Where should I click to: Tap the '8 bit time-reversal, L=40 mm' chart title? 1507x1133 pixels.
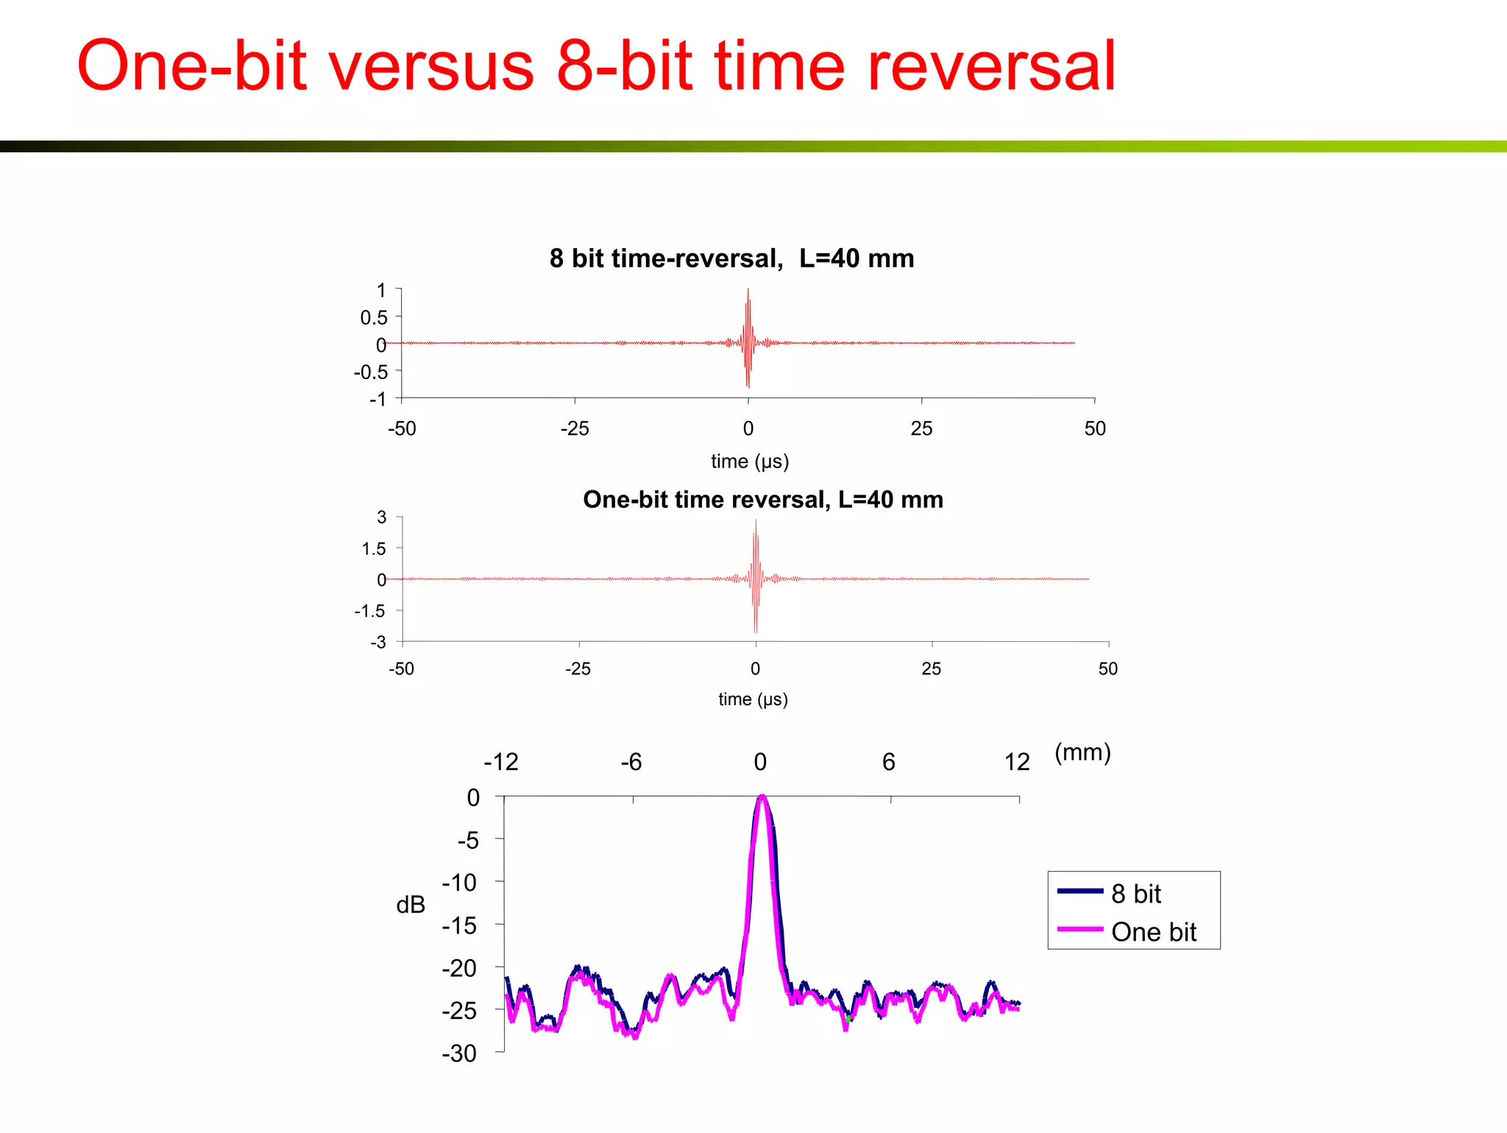[x=731, y=258]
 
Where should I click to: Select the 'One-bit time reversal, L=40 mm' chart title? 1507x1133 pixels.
[x=762, y=500]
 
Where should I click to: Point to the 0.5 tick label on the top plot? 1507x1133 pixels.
[x=374, y=317]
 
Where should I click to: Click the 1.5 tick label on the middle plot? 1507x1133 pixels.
[x=374, y=548]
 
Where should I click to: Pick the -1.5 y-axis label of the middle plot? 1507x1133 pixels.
[x=370, y=611]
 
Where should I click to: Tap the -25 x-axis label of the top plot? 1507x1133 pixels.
[x=575, y=428]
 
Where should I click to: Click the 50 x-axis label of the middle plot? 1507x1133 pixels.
[x=1107, y=668]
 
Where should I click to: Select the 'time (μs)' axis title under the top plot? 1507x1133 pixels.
[x=749, y=462]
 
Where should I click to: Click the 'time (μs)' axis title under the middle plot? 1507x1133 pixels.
[x=753, y=699]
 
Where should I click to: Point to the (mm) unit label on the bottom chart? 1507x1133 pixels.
[x=1082, y=752]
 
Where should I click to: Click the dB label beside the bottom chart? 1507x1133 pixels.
[x=411, y=905]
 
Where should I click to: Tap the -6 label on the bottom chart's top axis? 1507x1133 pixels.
[x=631, y=762]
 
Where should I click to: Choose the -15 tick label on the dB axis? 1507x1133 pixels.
[x=459, y=925]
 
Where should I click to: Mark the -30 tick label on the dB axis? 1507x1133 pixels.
[x=459, y=1053]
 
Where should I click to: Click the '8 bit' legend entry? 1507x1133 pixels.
[x=1135, y=894]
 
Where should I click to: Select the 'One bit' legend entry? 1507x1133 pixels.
[x=1153, y=932]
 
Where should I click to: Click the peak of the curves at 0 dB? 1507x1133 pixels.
[x=762, y=797]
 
